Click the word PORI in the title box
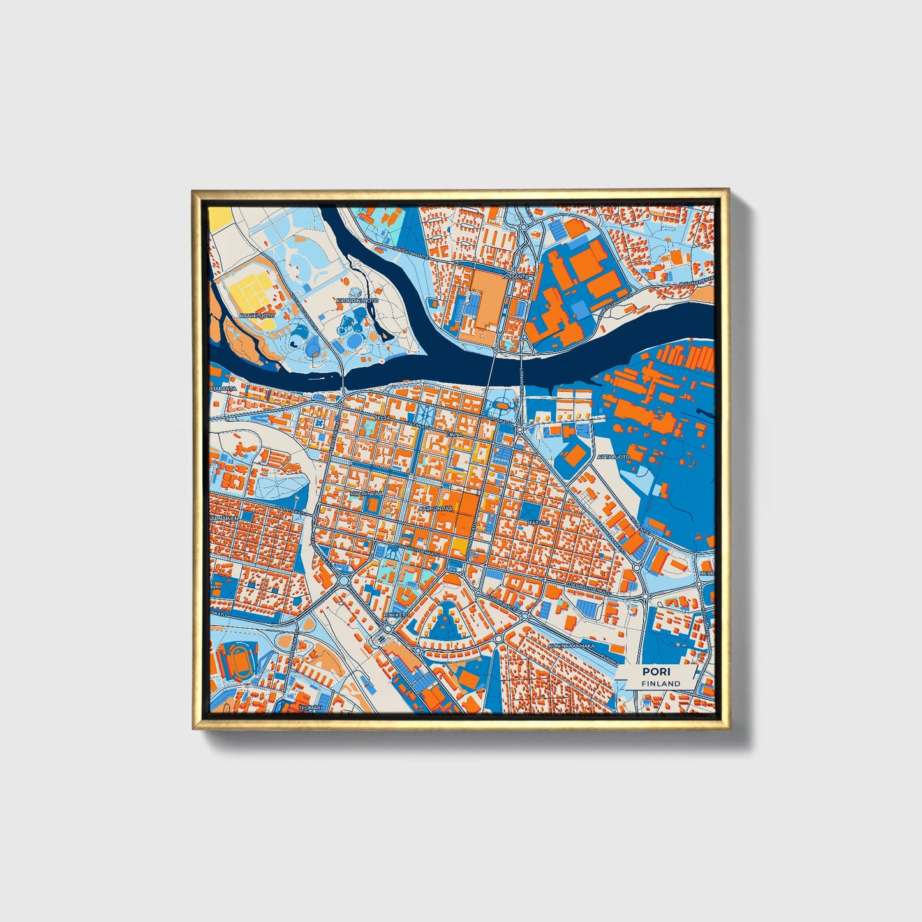(652, 671)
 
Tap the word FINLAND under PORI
(661, 683)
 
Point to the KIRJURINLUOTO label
(357, 300)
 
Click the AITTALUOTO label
(614, 457)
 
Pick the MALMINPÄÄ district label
(366, 493)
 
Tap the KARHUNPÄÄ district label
(435, 509)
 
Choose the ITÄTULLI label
(538, 523)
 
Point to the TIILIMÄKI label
(311, 708)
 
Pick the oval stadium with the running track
(240, 660)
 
